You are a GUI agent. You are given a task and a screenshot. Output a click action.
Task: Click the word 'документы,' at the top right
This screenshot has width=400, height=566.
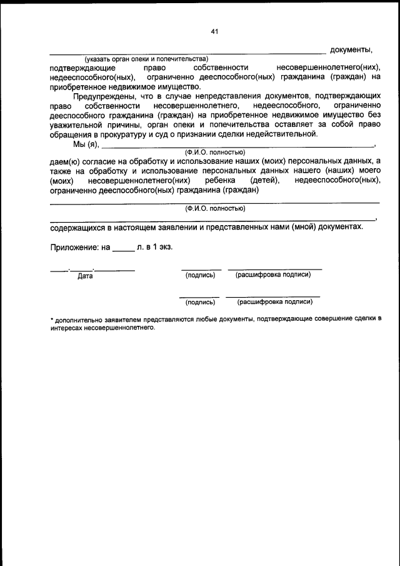tap(351, 49)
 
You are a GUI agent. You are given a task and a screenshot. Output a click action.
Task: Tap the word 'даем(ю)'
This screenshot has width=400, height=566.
tap(64, 161)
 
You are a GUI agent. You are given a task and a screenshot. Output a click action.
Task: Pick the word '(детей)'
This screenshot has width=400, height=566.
tap(266, 180)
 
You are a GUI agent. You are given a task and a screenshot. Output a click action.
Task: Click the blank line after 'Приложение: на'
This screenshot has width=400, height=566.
tap(123, 249)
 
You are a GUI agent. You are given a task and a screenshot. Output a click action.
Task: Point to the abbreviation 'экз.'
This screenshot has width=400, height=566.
tap(164, 247)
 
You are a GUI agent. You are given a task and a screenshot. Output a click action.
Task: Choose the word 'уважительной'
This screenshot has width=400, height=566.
tap(77, 124)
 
